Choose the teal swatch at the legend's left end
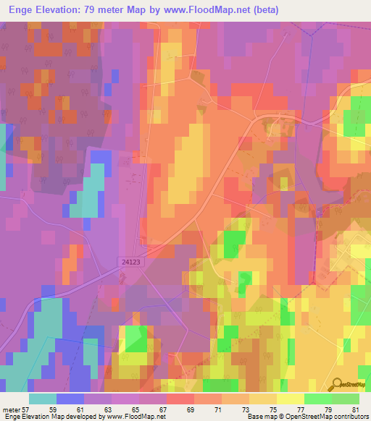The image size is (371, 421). click(43, 399)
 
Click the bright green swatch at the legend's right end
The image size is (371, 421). click(346, 399)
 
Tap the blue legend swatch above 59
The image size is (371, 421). click(70, 399)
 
